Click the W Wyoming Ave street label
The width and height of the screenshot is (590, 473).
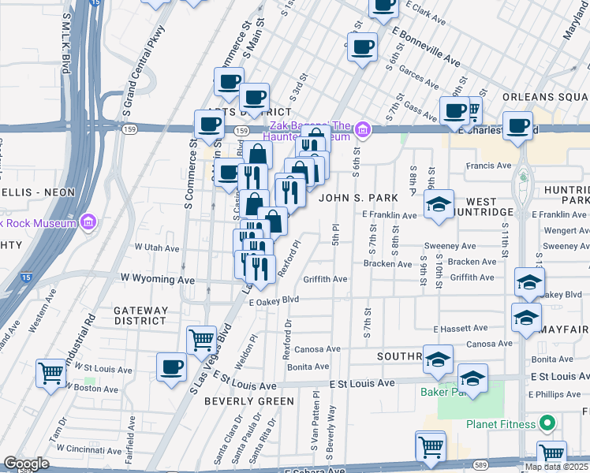157,279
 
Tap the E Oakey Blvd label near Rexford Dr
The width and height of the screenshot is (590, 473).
274,300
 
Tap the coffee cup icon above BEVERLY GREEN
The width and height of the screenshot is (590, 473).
171,366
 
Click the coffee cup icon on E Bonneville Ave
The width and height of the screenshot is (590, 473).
363,46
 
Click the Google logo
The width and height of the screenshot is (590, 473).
26,464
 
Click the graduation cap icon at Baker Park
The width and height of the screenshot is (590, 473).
472,378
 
